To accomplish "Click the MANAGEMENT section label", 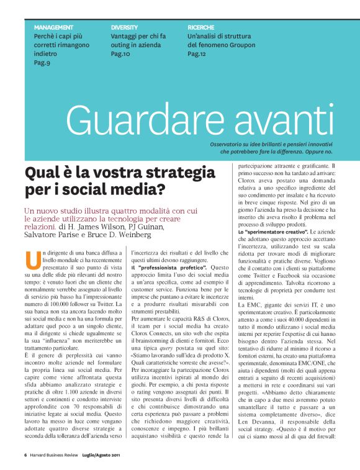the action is tap(53, 28).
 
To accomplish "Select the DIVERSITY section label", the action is tap(124, 28).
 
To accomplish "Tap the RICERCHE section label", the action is tap(200, 28).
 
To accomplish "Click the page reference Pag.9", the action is tap(42, 63).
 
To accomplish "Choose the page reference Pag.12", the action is tap(197, 54).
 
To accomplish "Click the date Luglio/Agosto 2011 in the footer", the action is tap(102, 455).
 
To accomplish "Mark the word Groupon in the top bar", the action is tap(232, 45).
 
